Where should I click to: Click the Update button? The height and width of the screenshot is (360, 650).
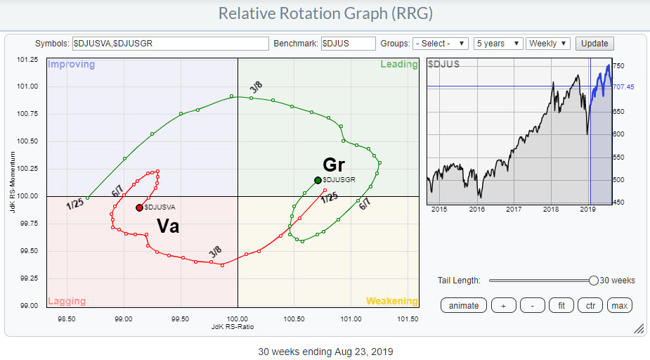point(595,44)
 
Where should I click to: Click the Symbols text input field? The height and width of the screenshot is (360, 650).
point(171,44)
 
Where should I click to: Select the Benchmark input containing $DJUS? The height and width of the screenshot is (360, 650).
point(349,44)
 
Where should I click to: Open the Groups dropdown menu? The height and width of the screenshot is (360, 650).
point(441,44)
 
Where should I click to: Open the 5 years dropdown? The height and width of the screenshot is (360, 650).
point(498,44)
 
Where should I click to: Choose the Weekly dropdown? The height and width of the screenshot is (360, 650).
point(548,44)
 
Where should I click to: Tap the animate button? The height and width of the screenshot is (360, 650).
point(464,305)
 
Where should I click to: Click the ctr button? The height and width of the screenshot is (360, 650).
point(589,305)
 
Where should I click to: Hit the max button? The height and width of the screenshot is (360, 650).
point(619,305)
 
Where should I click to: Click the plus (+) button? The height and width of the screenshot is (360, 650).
point(503,305)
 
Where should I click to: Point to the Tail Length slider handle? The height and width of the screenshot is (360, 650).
point(594,281)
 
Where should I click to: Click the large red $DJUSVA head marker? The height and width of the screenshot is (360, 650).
point(139,207)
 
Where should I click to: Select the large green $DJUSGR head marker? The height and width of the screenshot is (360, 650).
point(318,179)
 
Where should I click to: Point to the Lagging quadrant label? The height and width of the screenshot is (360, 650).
point(67,301)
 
